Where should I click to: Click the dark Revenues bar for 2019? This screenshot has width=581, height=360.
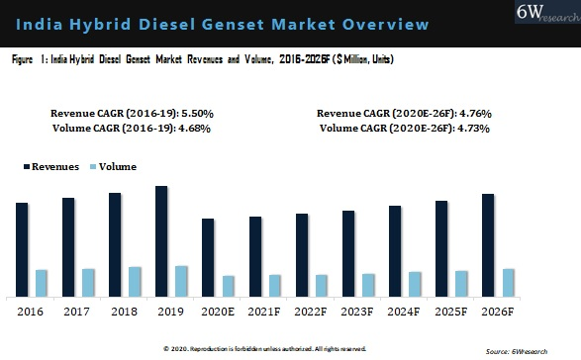(x=161, y=241)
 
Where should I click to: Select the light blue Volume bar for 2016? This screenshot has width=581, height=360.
(x=42, y=283)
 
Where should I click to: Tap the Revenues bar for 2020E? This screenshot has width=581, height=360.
(x=208, y=257)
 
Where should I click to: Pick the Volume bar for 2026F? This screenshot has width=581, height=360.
(x=509, y=282)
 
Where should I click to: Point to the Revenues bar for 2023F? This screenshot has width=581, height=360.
(x=348, y=253)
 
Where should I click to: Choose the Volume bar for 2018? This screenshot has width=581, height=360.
(x=135, y=281)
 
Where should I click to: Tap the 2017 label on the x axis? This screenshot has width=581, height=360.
(x=76, y=312)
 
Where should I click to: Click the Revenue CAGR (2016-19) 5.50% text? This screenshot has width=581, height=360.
(x=132, y=114)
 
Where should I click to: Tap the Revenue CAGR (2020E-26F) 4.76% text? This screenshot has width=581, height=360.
(x=404, y=114)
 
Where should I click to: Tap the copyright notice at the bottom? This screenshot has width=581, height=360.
(x=264, y=348)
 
